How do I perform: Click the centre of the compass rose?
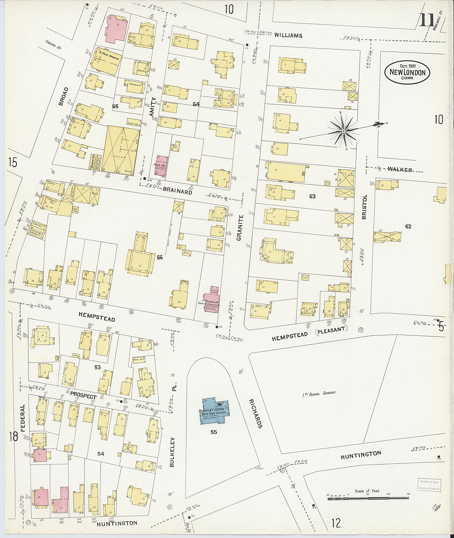pos(343,131)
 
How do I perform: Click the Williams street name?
pos(288,35)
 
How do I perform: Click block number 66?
pos(160,257)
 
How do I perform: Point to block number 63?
pos(312,196)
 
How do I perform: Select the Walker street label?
pos(399,169)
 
